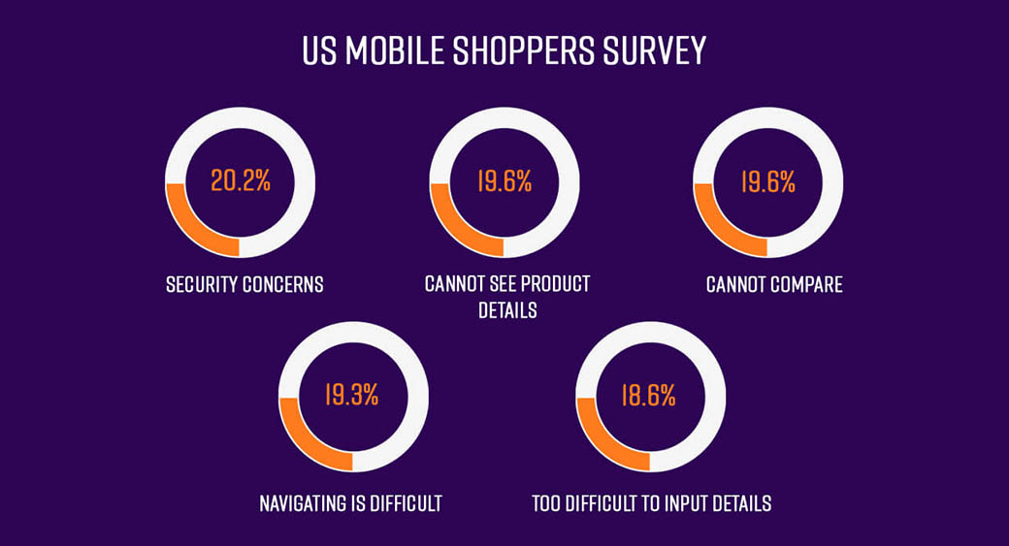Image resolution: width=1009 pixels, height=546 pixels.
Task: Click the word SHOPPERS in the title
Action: [529, 50]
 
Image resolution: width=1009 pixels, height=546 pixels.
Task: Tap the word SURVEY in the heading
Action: [659, 50]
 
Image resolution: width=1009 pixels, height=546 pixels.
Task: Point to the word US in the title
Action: [320, 50]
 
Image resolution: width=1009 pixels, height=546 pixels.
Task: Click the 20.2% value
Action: [240, 181]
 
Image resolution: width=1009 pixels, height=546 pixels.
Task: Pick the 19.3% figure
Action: [352, 395]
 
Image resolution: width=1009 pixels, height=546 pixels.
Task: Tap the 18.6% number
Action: [649, 395]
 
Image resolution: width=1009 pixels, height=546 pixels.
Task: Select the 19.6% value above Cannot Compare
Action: [768, 181]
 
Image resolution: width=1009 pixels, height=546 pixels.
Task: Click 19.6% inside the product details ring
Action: [504, 181]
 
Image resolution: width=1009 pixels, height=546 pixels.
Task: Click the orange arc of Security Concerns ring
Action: [190, 229]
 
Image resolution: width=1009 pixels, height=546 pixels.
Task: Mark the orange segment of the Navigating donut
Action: [303, 442]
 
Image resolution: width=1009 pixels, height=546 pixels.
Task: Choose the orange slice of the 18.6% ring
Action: [601, 442]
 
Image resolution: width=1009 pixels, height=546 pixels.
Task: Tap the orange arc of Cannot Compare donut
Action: [719, 229]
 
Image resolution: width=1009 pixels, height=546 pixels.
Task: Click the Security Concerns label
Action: [244, 284]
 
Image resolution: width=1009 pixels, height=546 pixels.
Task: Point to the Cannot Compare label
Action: [774, 284]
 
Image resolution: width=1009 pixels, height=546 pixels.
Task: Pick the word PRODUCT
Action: [554, 284]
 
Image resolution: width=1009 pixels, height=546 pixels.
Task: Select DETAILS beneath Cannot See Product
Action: [507, 310]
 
